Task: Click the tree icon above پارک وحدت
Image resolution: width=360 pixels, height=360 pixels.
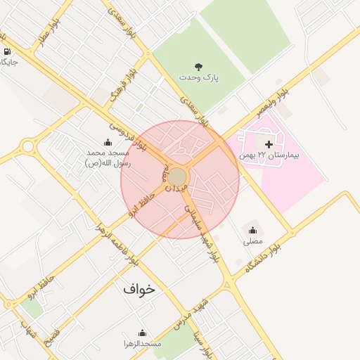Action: click(x=199, y=66)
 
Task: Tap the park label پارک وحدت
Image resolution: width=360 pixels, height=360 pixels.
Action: click(x=199, y=77)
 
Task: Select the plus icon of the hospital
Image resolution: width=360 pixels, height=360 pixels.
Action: click(x=268, y=143)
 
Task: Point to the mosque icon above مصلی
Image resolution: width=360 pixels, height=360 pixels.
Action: click(x=252, y=230)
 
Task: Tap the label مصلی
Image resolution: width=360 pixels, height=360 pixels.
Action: click(x=252, y=241)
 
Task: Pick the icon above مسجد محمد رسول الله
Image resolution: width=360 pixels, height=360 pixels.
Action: click(x=108, y=142)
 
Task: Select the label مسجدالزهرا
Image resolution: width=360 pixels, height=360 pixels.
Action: click(x=142, y=343)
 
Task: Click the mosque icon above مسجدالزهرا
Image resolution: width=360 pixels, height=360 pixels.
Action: click(x=143, y=333)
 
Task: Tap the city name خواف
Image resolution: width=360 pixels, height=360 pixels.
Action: click(x=139, y=288)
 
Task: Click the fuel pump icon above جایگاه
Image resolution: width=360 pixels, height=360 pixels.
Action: click(x=7, y=52)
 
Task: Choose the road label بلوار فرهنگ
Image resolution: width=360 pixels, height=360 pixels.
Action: click(x=117, y=92)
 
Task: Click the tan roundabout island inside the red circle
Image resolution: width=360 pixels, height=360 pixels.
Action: click(x=177, y=176)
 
